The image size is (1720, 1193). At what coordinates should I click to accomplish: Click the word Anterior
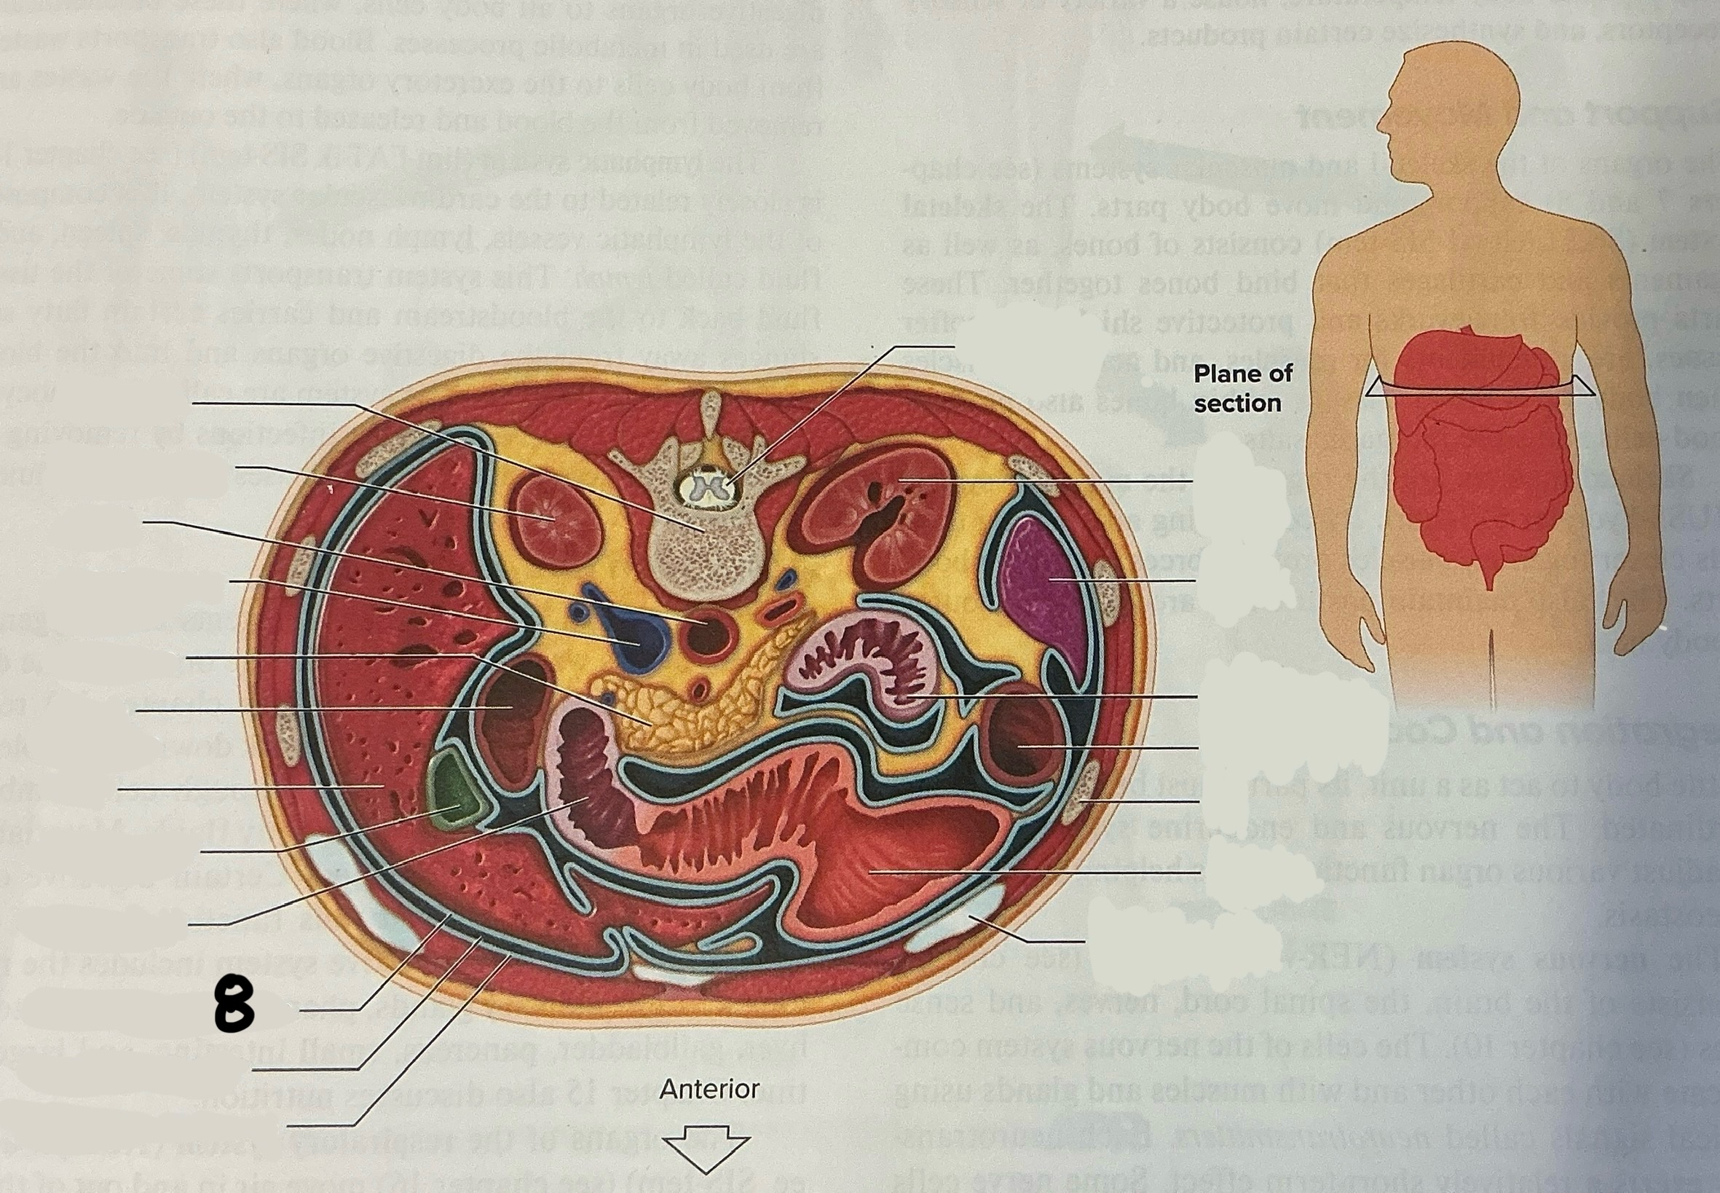pyautogui.click(x=709, y=1088)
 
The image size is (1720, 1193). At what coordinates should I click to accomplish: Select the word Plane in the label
pyautogui.click(x=1222, y=373)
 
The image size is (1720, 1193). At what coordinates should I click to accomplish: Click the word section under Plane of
pyautogui.click(x=1236, y=403)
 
